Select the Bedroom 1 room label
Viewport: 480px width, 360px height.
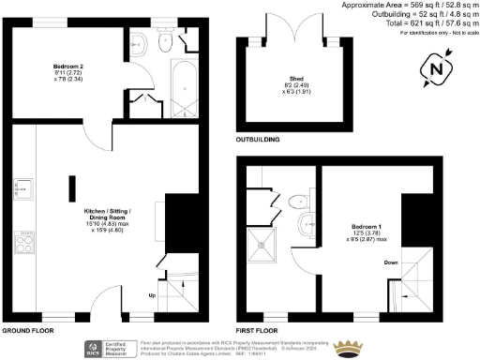(x=367, y=227)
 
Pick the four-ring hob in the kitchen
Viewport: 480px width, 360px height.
(x=25, y=245)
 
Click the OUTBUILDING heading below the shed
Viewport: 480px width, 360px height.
(x=260, y=137)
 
